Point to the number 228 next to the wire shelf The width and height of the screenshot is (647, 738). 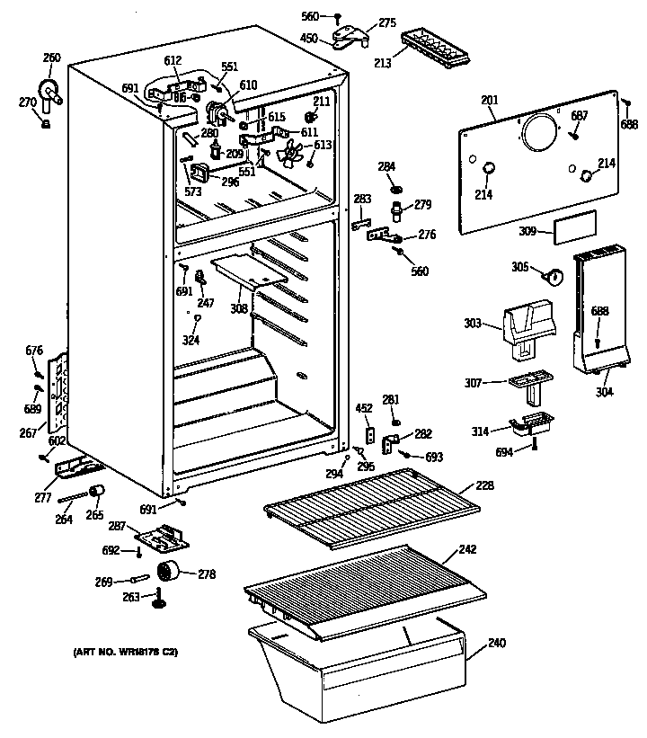(485, 486)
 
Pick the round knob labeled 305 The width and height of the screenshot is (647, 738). (554, 276)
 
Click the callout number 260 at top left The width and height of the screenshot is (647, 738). (52, 58)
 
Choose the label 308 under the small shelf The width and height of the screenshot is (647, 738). (239, 308)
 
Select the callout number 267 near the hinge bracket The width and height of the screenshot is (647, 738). (28, 432)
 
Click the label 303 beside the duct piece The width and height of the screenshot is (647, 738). (475, 323)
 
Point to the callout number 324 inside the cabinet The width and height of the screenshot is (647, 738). (191, 340)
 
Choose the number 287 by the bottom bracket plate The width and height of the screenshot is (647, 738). (118, 525)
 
